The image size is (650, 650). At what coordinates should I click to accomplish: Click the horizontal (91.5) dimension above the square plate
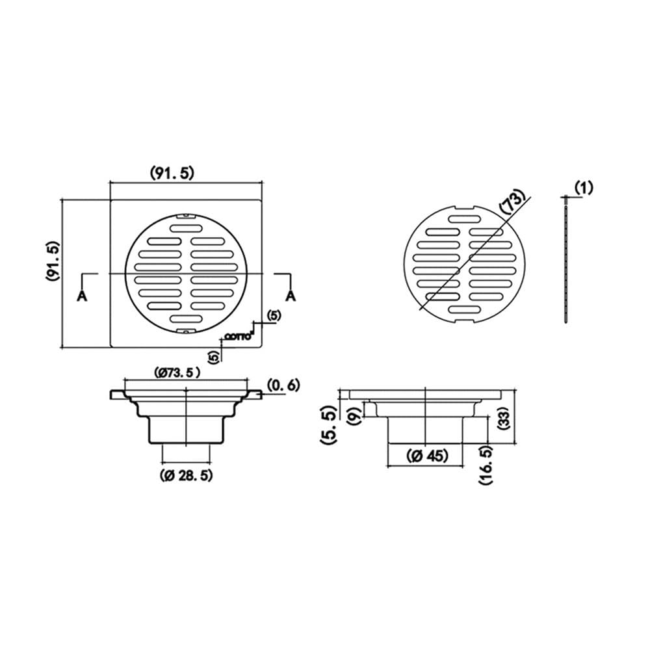point(172,173)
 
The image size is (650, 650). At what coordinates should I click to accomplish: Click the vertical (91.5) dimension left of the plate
point(53,261)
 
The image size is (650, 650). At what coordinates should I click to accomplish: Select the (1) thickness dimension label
point(584,188)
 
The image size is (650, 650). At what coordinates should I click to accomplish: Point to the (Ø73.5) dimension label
point(177,372)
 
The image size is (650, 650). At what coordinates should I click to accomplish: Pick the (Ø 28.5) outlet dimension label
point(186,476)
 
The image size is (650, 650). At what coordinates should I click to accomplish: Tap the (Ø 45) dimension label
point(427,456)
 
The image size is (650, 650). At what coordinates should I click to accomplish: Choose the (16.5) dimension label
point(486,465)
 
